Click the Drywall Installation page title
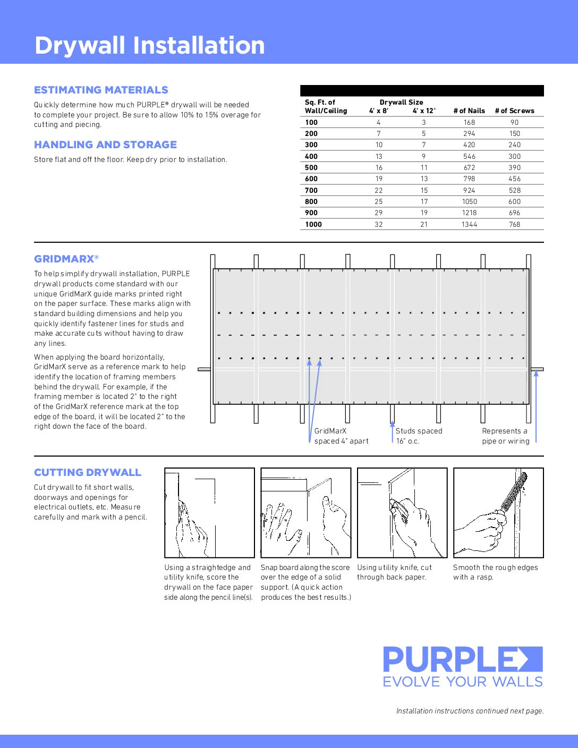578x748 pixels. (150, 46)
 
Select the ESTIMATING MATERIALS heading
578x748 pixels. (101, 90)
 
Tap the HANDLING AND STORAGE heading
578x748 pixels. (105, 144)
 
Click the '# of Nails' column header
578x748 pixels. (469, 111)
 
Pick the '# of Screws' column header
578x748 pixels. (514, 111)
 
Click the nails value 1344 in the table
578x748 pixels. (469, 224)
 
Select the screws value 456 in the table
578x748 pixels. (514, 178)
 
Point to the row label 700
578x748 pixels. (311, 190)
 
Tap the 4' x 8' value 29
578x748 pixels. (378, 212)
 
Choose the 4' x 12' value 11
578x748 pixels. (424, 168)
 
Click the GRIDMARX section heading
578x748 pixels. (66, 259)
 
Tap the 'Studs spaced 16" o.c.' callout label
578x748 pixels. (419, 436)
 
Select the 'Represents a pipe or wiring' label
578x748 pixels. (505, 436)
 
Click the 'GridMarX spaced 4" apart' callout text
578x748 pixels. (341, 436)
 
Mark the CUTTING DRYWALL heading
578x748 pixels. (88, 472)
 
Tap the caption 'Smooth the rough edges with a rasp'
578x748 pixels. (495, 572)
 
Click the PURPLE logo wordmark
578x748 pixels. (463, 659)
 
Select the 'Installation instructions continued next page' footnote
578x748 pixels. (470, 711)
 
